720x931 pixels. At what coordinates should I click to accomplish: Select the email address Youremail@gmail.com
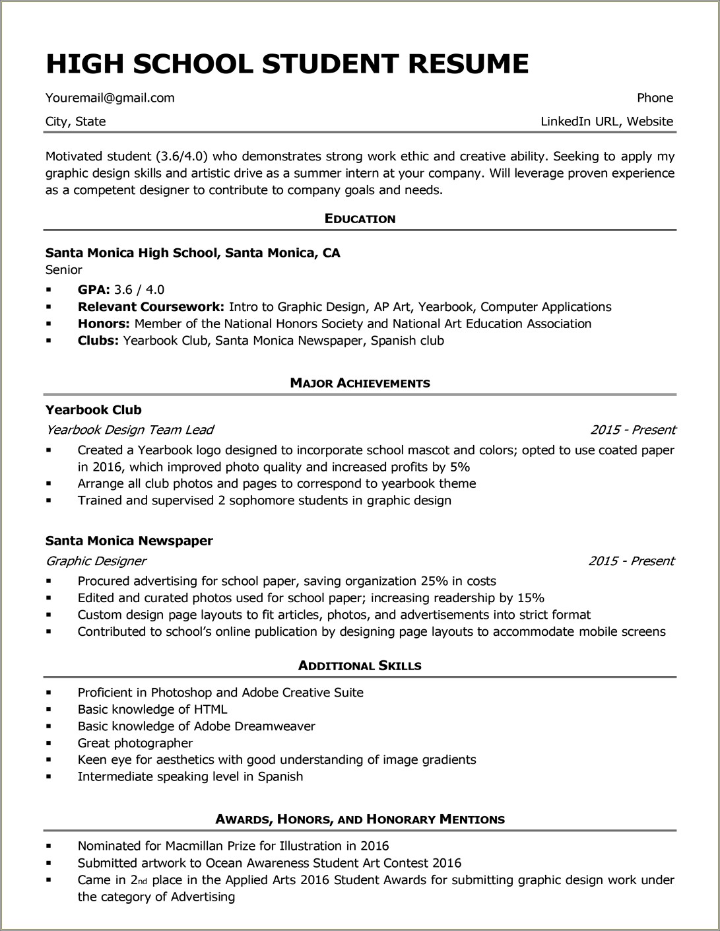tap(110, 98)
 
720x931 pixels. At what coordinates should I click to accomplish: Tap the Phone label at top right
tap(655, 98)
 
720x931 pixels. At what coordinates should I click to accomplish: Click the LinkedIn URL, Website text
tap(606, 121)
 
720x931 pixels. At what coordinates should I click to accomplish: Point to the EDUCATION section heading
tap(360, 219)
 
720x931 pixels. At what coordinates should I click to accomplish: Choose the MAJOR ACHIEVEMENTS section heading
tap(360, 384)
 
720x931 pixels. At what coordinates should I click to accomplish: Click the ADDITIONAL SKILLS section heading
tap(360, 666)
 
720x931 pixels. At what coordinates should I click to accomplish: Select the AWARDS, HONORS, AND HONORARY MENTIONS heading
tap(360, 820)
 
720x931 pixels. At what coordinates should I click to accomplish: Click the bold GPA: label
tap(94, 290)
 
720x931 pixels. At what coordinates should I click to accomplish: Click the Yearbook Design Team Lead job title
tap(129, 430)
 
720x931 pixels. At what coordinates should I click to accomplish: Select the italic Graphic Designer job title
tap(96, 561)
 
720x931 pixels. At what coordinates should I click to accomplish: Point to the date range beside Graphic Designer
tap(631, 561)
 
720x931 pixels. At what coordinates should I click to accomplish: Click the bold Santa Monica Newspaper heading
tap(129, 541)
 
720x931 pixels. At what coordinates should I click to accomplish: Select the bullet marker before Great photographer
tap(49, 743)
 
